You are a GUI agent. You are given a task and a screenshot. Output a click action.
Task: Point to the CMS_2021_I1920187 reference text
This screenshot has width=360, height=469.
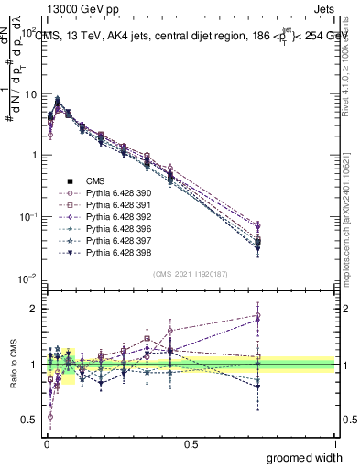point(191,274)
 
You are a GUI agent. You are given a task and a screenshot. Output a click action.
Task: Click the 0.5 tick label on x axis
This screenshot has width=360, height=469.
point(190,443)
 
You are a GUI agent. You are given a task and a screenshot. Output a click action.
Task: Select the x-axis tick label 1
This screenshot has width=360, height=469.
point(335,443)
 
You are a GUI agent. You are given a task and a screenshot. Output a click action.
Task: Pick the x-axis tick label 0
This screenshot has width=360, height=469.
point(46,443)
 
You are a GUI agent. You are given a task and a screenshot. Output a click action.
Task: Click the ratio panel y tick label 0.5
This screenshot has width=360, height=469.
point(29,420)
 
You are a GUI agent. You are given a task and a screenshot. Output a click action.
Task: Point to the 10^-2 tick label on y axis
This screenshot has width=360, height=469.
point(27,278)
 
